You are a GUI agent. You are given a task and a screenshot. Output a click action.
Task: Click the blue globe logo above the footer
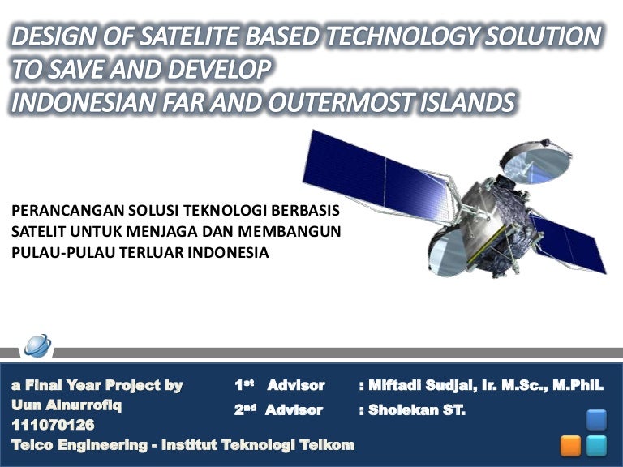[37, 345]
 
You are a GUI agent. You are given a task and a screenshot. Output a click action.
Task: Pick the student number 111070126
[53, 424]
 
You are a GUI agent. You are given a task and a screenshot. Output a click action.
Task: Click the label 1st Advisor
[280, 385]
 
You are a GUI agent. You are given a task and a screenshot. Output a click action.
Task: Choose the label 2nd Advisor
[280, 410]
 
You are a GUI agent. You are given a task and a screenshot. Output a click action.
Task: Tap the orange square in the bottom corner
[571, 445]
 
